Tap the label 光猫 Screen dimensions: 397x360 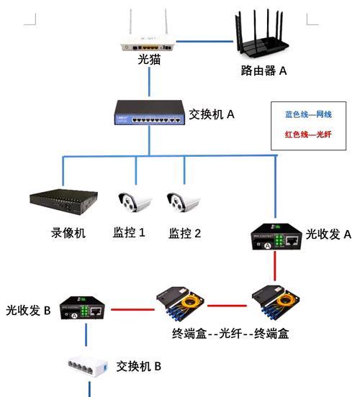[149, 62]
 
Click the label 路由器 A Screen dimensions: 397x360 [264, 70]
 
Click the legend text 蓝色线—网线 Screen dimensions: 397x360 [307, 114]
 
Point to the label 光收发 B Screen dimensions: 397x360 [27, 311]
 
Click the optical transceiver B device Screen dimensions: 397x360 [86, 309]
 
